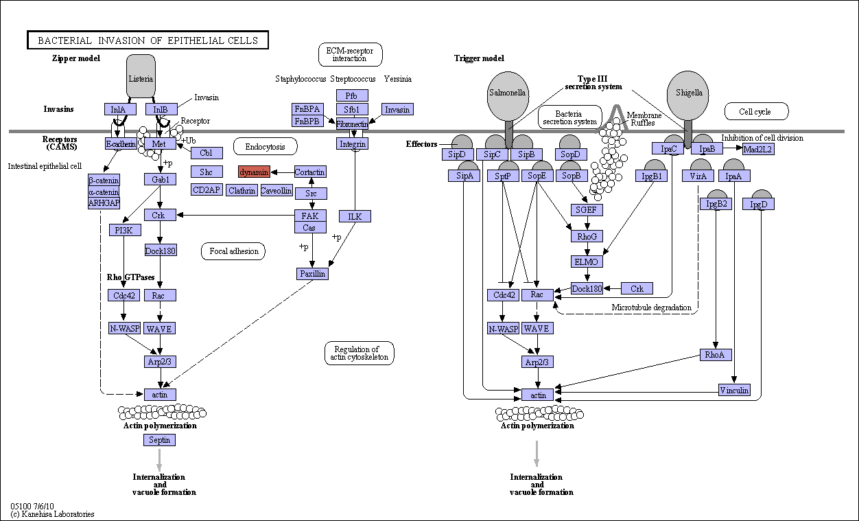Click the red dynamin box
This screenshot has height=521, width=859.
[x=254, y=172]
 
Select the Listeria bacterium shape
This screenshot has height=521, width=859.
[x=141, y=76]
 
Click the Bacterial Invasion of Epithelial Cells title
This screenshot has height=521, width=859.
[x=148, y=40]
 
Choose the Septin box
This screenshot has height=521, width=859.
[x=160, y=440]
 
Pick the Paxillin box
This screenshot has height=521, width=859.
[x=312, y=274]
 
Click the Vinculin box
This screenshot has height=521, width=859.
[x=734, y=390]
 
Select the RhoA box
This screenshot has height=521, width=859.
[x=716, y=355]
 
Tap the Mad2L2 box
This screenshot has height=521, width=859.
[x=758, y=149]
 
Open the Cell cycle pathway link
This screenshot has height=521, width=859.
[x=756, y=111]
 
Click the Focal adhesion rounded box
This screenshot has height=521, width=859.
[x=233, y=251]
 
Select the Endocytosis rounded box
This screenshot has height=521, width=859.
[x=266, y=147]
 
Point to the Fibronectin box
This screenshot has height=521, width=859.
[x=352, y=124]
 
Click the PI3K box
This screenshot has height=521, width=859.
[x=125, y=230]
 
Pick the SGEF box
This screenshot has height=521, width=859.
[x=587, y=210]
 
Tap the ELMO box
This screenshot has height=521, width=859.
[x=587, y=262]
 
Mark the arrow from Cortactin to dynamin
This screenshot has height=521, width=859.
[x=283, y=172]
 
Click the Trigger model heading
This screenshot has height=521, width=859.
[x=479, y=58]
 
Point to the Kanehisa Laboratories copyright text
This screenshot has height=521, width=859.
[x=52, y=514]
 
